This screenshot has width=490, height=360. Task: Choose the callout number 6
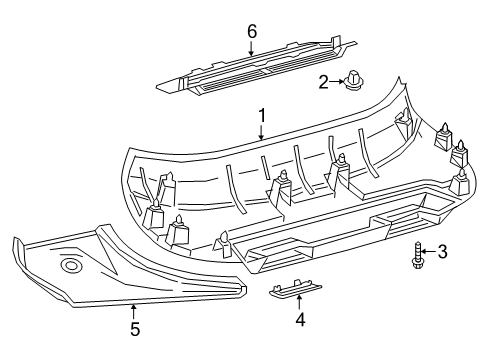(x=251, y=31)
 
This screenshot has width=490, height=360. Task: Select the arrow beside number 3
(x=427, y=251)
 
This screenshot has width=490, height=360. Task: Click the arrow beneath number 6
(x=251, y=48)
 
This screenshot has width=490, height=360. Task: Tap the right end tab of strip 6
(x=345, y=43)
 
